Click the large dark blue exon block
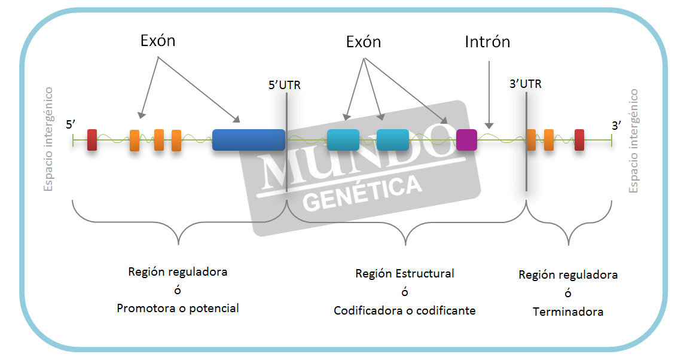(248, 139)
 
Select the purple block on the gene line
(466, 139)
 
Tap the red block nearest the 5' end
(92, 139)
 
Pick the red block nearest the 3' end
(579, 139)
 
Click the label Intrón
(487, 42)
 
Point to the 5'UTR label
(285, 85)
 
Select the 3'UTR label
(525, 84)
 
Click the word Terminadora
(568, 312)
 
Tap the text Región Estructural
(405, 273)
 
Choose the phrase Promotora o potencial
(178, 309)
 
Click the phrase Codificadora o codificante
(405, 310)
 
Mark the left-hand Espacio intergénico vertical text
(48, 139)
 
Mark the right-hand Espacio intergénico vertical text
(634, 141)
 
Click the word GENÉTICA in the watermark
(362, 193)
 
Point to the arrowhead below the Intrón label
(489, 125)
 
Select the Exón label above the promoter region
(158, 41)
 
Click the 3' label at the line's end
(616, 125)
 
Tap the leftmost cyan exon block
(343, 139)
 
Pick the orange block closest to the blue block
(176, 140)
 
